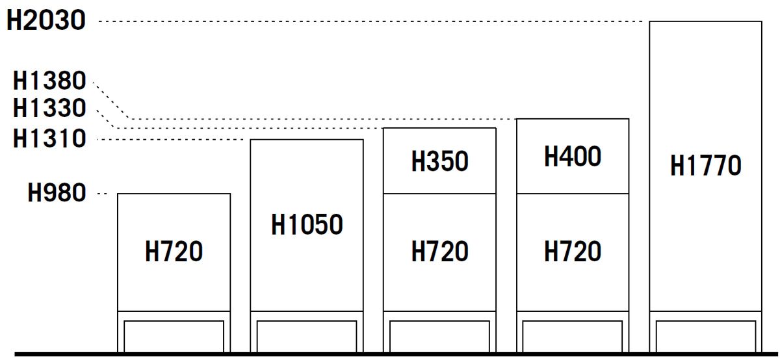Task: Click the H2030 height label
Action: [45, 21]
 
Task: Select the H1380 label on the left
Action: [49, 82]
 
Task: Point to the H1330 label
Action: [49, 108]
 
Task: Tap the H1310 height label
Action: [49, 138]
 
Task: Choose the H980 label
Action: [57, 193]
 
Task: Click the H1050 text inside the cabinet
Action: [307, 225]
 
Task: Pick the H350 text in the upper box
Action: [439, 162]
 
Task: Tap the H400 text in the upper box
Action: [573, 157]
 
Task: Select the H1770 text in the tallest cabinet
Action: [705, 166]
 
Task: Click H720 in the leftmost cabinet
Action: [174, 251]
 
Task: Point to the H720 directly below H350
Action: [439, 251]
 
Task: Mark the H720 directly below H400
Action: [573, 251]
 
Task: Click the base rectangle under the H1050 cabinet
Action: [307, 335]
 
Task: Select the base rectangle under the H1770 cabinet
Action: [705, 335]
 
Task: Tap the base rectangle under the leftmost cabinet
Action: [174, 335]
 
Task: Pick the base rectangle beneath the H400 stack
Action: [573, 335]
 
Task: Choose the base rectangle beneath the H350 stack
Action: [439, 335]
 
